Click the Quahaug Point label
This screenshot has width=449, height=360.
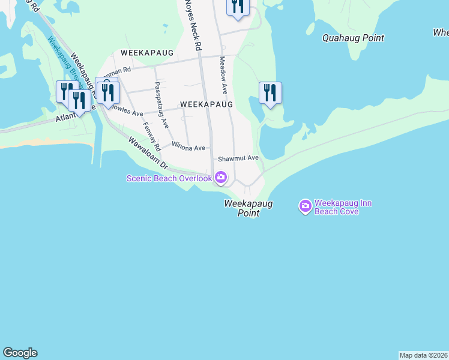[353, 38]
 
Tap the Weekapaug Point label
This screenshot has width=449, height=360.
[248, 208]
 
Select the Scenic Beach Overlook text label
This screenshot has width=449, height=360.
[169, 178]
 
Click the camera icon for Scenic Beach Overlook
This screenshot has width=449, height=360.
[221, 177]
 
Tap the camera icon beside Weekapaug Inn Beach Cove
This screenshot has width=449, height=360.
[305, 207]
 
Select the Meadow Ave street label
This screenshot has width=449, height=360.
[223, 75]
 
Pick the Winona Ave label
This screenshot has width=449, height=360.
[188, 148]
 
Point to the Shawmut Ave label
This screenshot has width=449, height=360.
[238, 158]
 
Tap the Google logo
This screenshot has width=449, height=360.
[20, 353]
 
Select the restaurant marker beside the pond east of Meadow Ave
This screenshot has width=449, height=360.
[270, 93]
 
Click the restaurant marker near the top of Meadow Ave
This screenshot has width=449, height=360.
[238, 7]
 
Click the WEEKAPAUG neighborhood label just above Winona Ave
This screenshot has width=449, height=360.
[206, 104]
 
